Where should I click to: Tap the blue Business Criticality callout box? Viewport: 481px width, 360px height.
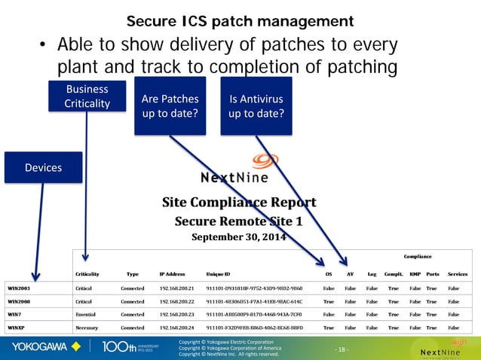point(87,96)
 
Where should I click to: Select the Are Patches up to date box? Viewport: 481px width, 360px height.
point(170,107)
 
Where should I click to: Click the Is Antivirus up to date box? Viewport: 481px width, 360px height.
point(256,107)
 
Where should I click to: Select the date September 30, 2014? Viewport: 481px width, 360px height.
point(239,236)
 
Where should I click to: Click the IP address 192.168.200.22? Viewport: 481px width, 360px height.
point(177,301)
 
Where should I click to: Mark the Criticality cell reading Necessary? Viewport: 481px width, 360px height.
point(88,328)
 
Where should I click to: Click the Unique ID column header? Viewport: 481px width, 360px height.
point(218,274)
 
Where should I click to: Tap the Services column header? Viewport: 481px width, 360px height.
point(458,274)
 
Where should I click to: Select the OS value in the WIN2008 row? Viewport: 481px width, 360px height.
point(329,301)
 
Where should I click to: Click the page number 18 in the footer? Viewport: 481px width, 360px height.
point(343,349)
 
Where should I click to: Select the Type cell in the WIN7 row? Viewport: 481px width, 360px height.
point(132,314)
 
